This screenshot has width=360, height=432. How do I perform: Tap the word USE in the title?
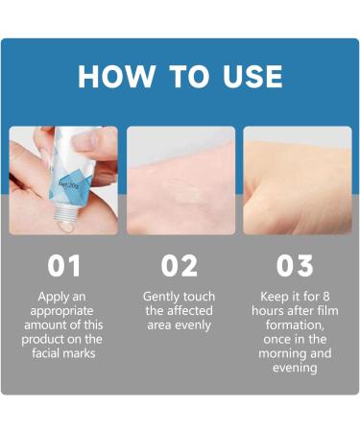[247, 77]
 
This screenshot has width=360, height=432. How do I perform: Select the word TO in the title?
[180, 77]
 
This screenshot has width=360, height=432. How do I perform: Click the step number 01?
[63, 266]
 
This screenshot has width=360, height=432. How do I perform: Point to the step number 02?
[180, 266]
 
